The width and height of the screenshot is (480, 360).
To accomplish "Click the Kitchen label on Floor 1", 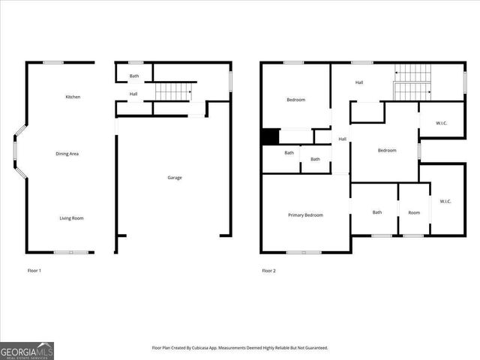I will tap(73, 97).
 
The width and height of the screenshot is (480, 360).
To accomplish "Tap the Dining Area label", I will tap(67, 154).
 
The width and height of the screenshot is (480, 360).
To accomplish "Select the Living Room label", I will tap(72, 218).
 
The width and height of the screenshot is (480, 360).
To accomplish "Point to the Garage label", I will tap(175, 178).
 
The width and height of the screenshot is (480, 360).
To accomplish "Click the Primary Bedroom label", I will tap(305, 215).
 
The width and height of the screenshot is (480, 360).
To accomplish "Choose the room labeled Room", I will tap(414, 212).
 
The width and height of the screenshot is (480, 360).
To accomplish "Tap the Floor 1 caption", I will tap(34, 270).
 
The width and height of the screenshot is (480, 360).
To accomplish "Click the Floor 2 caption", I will tap(268, 270).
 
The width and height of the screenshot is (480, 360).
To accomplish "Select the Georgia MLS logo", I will tap(27, 350).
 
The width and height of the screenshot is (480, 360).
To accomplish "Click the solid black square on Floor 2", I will tap(269, 137).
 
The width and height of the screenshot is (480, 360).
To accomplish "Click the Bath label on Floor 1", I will tap(134, 76).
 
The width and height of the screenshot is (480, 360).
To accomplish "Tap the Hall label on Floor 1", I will tap(133, 94).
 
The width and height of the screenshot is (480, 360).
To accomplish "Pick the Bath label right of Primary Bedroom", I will tap(377, 212).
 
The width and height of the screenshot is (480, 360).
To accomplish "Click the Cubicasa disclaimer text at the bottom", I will tap(240, 348).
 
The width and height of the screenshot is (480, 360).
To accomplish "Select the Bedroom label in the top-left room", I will tap(296, 100).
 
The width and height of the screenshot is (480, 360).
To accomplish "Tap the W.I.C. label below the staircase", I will tap(440, 123).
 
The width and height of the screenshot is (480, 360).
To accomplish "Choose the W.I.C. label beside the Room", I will tap(445, 201).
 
